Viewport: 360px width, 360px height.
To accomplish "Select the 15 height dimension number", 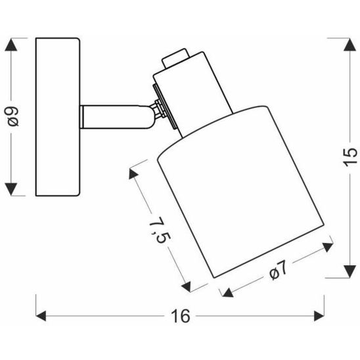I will [x=350, y=155].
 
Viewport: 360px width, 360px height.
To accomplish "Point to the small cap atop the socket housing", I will [x=173, y=59].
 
